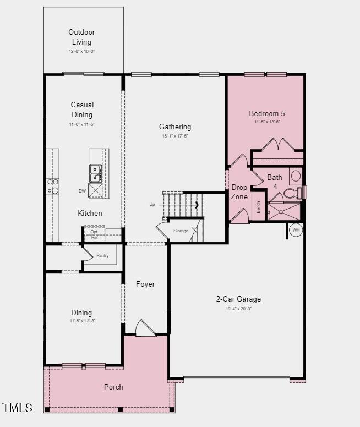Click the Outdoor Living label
[x=81, y=37]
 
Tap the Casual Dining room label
[x=82, y=110]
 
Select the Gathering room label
[x=175, y=127]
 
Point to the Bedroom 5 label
[x=267, y=113]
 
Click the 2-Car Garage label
[x=238, y=299]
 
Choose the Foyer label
[x=145, y=284]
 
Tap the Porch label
[x=113, y=387]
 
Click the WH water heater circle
[x=296, y=230]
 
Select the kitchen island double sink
[x=96, y=173]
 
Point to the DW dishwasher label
[x=82, y=191]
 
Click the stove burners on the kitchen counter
[x=53, y=186]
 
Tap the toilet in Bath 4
[x=292, y=193]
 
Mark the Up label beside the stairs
[x=152, y=204]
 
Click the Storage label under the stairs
[x=181, y=231]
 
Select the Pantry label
[x=102, y=255]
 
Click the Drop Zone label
[x=239, y=192]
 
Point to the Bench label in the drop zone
[x=258, y=206]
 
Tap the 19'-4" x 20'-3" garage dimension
[x=238, y=309]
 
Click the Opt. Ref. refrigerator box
[x=94, y=234]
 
